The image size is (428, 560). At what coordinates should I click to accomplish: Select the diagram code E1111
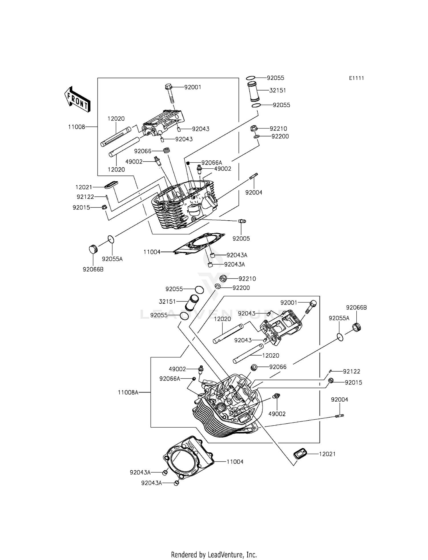click(356, 78)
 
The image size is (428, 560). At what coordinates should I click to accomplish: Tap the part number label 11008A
click(128, 392)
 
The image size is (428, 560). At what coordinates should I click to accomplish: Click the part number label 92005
click(241, 239)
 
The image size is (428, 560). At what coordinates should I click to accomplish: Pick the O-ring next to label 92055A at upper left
click(111, 239)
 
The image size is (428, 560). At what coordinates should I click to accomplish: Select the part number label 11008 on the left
click(76, 127)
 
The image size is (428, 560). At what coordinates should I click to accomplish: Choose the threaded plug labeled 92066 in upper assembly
click(166, 150)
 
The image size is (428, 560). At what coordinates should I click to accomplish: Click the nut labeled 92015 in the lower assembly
click(331, 380)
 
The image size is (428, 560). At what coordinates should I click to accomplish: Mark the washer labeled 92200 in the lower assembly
click(217, 287)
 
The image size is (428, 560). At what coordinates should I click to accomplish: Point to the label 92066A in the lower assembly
click(170, 378)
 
